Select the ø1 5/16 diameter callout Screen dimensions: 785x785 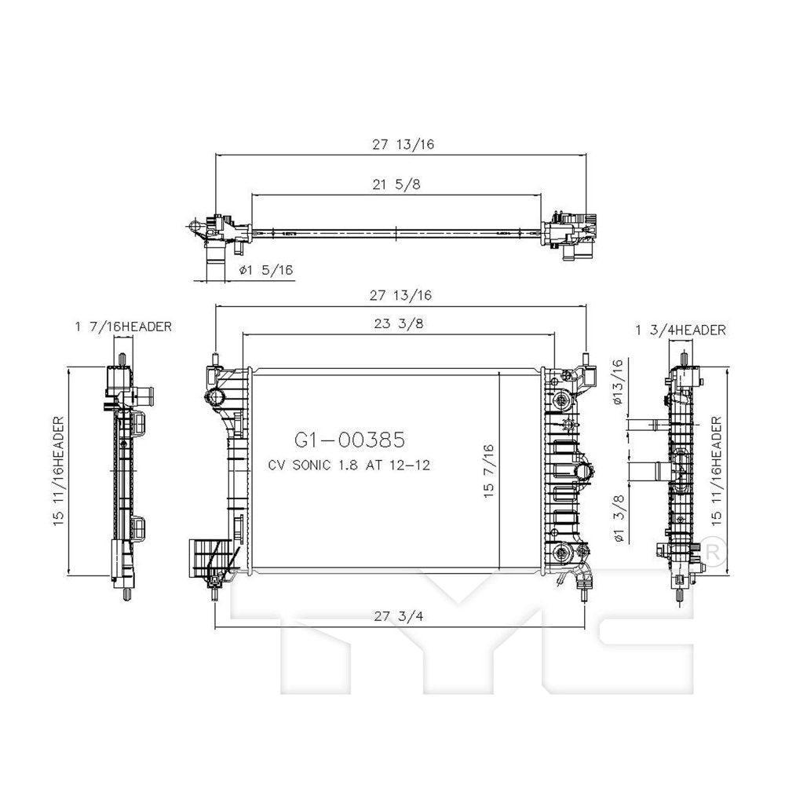265,269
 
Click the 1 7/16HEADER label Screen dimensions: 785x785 123,327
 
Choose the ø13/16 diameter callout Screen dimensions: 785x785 618,382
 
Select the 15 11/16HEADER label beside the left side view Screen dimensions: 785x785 59,471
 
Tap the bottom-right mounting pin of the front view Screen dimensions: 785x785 582,593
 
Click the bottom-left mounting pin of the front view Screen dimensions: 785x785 214,594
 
